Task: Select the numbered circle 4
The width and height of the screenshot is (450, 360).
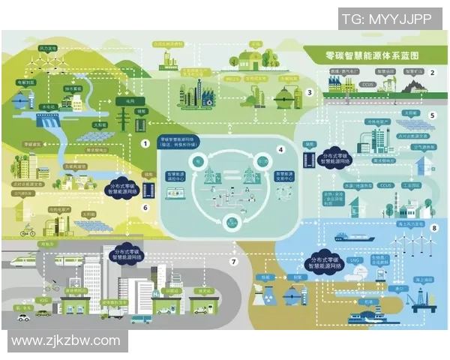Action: [280, 149]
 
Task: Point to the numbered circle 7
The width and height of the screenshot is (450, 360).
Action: [233, 262]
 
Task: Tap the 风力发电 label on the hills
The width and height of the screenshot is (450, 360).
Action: [46, 47]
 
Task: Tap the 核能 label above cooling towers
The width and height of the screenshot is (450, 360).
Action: [265, 277]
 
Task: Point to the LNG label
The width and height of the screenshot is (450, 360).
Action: [355, 260]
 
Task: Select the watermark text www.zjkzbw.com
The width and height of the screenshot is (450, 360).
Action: [67, 340]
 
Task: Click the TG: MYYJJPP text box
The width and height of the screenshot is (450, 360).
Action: [386, 19]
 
